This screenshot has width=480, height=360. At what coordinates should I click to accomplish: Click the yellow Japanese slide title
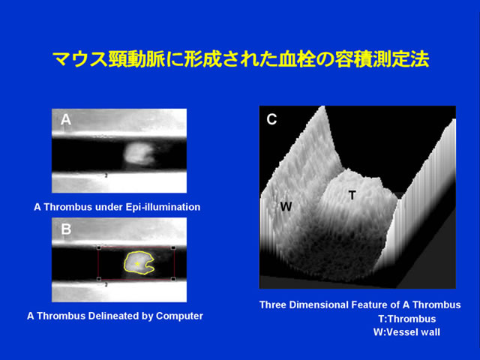click(x=241, y=58)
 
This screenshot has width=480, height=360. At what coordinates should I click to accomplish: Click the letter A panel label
click(x=66, y=120)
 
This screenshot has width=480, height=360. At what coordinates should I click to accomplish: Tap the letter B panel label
click(x=66, y=229)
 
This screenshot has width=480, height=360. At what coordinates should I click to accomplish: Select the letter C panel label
click(x=271, y=119)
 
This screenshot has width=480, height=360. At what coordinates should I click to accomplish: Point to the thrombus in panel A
click(x=139, y=154)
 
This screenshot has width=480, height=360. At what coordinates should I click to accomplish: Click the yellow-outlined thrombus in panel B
click(x=138, y=262)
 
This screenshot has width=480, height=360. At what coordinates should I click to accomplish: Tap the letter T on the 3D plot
click(x=352, y=195)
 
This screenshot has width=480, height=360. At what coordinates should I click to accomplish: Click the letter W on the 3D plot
click(x=286, y=207)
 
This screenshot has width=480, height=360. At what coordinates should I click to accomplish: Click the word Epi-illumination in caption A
click(x=163, y=207)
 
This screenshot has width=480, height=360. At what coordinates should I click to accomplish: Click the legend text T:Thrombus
click(x=407, y=319)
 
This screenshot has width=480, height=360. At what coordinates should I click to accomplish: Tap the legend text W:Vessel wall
click(x=406, y=332)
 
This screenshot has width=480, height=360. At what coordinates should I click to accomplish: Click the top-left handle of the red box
click(x=99, y=247)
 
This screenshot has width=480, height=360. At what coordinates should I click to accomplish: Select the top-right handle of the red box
click(x=173, y=247)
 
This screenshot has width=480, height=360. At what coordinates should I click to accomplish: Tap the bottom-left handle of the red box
click(x=99, y=279)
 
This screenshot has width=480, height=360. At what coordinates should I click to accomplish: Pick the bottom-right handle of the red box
click(x=173, y=279)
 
